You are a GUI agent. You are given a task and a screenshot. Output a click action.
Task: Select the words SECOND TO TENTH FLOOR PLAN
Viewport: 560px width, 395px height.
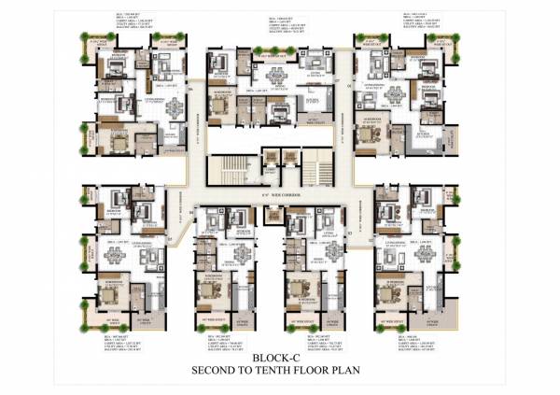point(281,370)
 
